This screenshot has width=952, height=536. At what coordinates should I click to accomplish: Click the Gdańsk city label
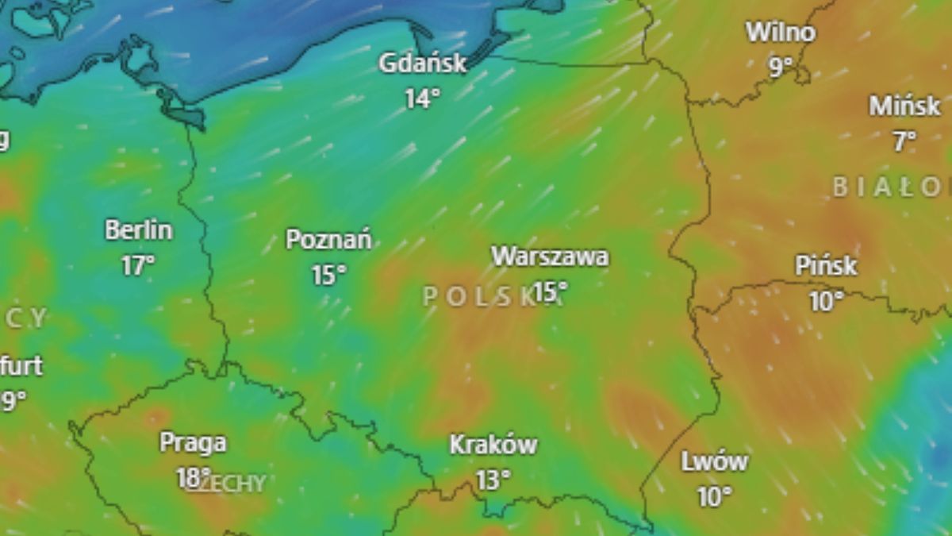pyautogui.click(x=423, y=64)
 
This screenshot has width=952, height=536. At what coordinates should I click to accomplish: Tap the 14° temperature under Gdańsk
pyautogui.click(x=421, y=98)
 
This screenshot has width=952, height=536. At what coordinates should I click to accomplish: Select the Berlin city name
pyautogui.click(x=139, y=230)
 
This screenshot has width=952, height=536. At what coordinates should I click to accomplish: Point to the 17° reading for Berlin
pyautogui.click(x=138, y=265)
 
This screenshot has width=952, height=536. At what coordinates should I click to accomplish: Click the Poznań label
pyautogui.click(x=328, y=239)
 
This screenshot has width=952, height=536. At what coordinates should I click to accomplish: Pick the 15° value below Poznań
pyautogui.click(x=328, y=275)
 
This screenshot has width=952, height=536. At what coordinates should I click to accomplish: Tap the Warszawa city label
pyautogui.click(x=550, y=256)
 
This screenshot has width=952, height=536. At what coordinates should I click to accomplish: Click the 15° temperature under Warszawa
pyautogui.click(x=550, y=291)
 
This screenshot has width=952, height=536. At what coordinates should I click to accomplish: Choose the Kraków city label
pyautogui.click(x=493, y=445)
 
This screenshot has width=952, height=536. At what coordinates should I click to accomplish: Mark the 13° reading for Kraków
pyautogui.click(x=493, y=480)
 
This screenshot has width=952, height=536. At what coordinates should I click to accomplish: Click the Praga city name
pyautogui.click(x=193, y=442)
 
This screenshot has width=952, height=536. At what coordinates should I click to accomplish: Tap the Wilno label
pyautogui.click(x=781, y=33)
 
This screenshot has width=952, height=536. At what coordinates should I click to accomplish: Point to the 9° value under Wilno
pyautogui.click(x=781, y=67)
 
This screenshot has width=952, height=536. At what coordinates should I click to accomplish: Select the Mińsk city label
pyautogui.click(x=904, y=106)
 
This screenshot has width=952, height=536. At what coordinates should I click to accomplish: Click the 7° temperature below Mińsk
pyautogui.click(x=904, y=141)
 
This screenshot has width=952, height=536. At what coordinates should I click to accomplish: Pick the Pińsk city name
pyautogui.click(x=826, y=266)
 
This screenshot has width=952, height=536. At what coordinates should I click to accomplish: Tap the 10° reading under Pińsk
pyautogui.click(x=825, y=301)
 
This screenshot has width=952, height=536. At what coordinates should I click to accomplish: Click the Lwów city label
pyautogui.click(x=714, y=461)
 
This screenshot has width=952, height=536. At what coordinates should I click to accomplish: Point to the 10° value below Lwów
pyautogui.click(x=714, y=497)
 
